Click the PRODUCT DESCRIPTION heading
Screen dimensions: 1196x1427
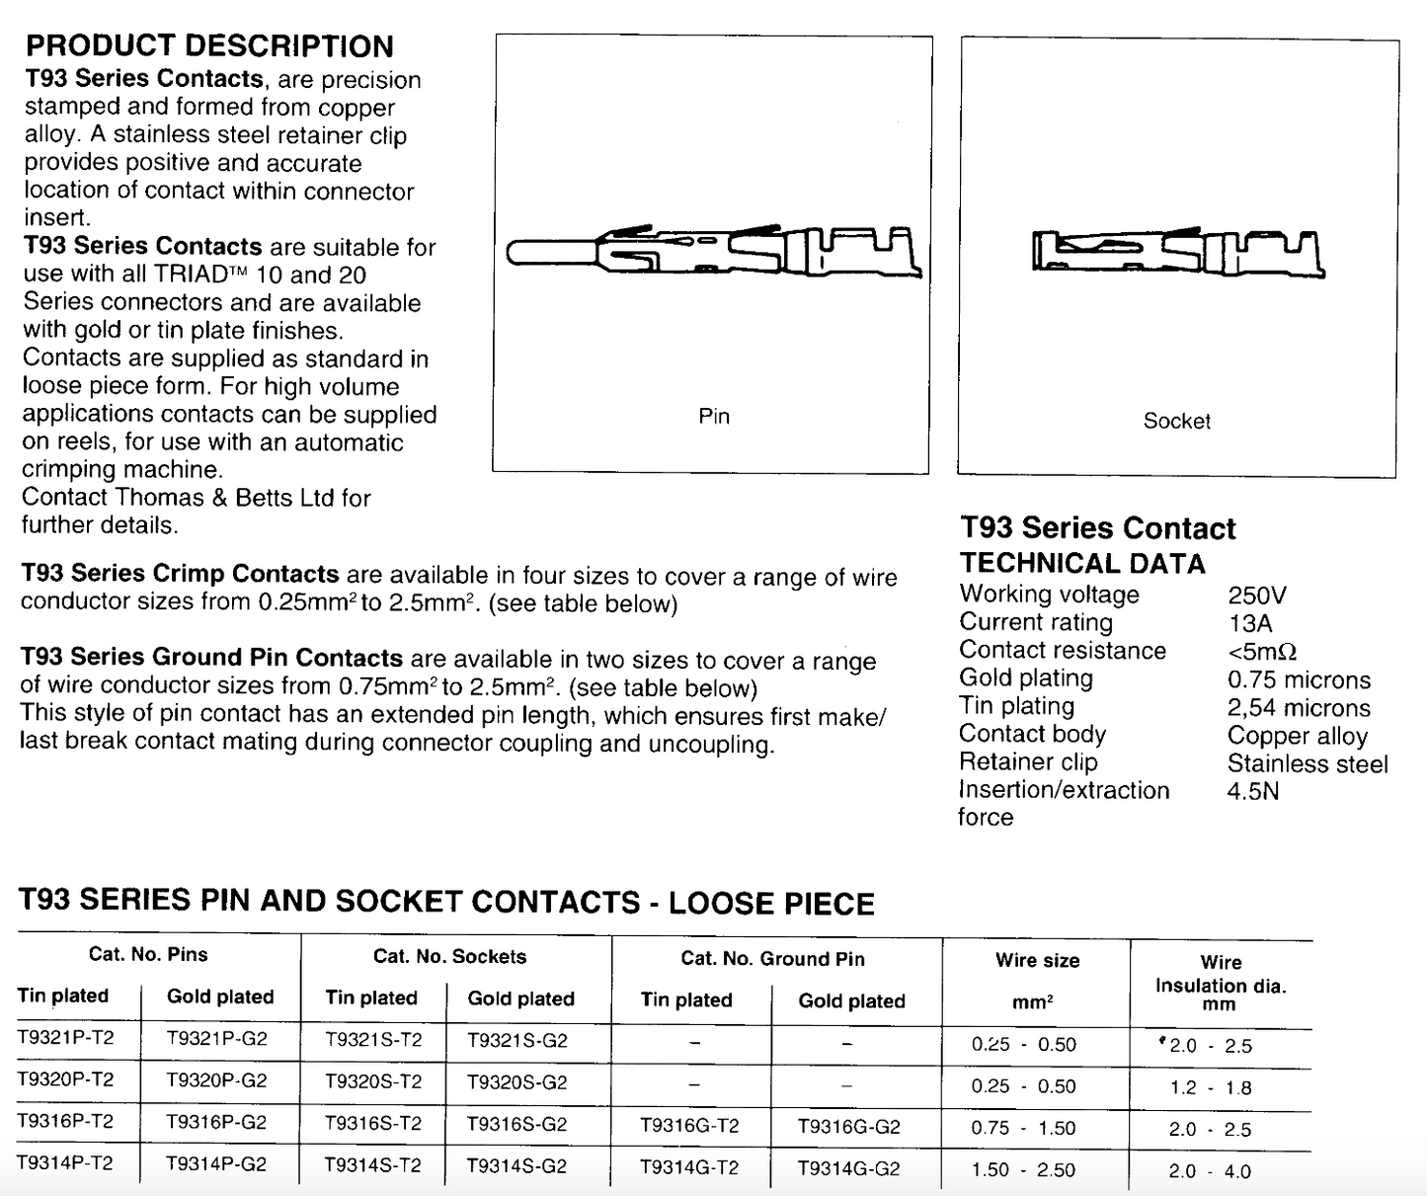209,46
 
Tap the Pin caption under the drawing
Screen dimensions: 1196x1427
714,416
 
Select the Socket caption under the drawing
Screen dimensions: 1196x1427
1176,421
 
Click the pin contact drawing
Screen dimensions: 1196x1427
714,253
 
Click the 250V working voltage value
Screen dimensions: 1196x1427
1257,596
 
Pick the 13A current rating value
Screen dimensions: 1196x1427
1250,623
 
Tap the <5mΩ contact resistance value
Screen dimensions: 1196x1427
1262,652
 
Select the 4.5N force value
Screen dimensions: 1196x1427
1253,791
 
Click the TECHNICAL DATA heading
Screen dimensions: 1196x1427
1082,564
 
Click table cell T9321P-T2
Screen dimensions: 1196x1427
65,1038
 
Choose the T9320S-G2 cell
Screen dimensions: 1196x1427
517,1082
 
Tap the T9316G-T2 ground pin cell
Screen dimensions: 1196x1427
689,1126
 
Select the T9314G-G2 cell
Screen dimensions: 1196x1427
849,1168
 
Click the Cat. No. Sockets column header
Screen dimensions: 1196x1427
449,956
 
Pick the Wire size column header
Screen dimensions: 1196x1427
1037,960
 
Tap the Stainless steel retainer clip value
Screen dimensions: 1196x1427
1308,764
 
